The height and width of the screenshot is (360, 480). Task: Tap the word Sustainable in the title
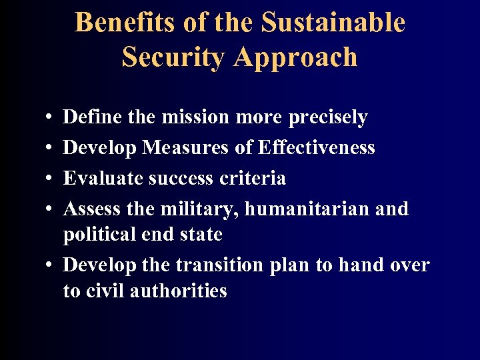tap(333, 23)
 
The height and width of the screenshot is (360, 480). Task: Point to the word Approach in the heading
tap(296, 57)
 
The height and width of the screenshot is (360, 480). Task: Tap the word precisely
tap(328, 118)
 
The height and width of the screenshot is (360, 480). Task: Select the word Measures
tap(185, 148)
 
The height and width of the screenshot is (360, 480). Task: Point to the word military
tap(200, 209)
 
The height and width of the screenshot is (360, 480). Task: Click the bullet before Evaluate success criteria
tap(51, 179)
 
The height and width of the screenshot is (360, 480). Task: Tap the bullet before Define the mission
tap(51, 117)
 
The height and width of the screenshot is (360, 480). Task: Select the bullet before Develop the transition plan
tap(51, 265)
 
